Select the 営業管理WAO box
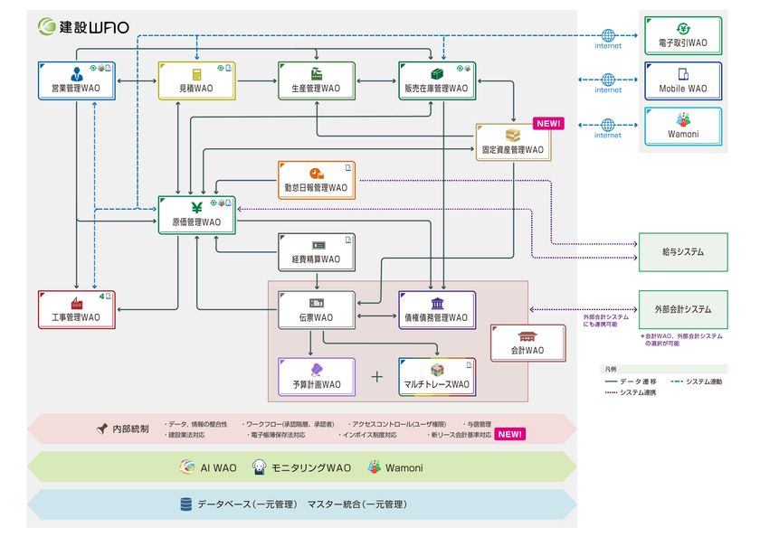click(x=76, y=80)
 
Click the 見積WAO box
click(x=195, y=80)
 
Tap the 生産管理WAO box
click(x=316, y=80)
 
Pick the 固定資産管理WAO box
click(x=513, y=142)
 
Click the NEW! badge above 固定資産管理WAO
click(x=548, y=124)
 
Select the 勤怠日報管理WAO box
click(x=316, y=180)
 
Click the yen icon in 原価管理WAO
click(x=195, y=205)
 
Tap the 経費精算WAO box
click(x=316, y=251)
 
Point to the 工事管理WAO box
click(x=76, y=309)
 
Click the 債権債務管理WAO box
click(x=437, y=309)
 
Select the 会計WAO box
click(x=527, y=343)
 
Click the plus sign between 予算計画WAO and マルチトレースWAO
click(x=377, y=376)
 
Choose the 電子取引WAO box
click(x=683, y=36)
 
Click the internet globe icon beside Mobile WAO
click(x=608, y=80)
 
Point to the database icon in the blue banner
click(x=185, y=504)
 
